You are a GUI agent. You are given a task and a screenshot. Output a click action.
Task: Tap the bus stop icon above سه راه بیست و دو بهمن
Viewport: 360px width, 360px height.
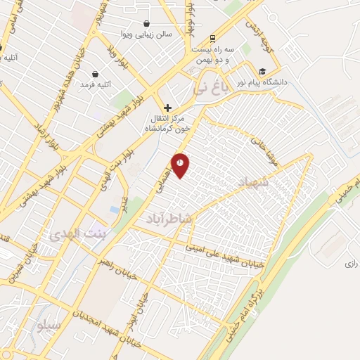(x=212, y=39)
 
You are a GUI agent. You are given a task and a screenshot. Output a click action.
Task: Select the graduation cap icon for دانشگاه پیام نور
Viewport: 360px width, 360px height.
(x=262, y=71)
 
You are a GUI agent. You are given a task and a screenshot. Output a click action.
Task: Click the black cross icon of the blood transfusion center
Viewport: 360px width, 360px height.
(x=167, y=107)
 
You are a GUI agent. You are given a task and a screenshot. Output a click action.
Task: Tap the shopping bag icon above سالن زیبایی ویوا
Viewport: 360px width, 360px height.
(x=146, y=23)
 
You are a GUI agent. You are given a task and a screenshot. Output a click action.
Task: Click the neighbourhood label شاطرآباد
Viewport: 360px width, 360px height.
(x=169, y=219)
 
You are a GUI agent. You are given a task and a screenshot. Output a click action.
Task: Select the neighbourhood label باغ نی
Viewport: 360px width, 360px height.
(x=210, y=89)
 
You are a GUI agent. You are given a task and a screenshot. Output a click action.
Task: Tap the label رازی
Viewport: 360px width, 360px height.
(x=351, y=263)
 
